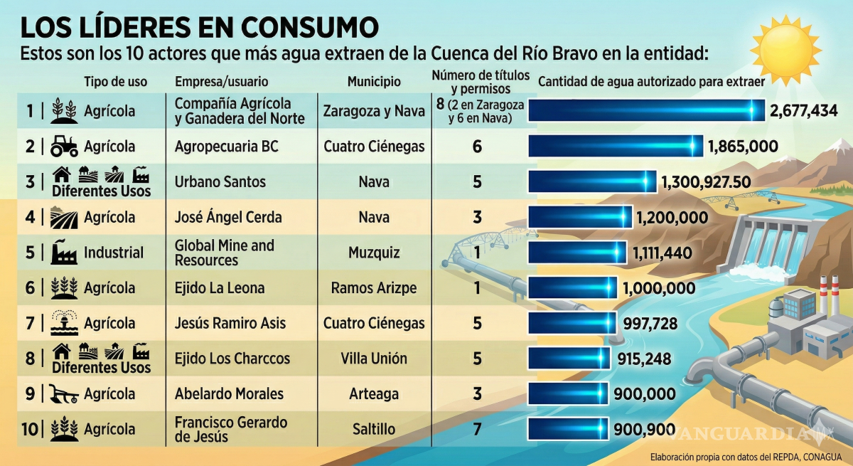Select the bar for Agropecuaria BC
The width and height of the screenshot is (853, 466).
(615, 147)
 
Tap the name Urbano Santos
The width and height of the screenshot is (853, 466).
(220, 182)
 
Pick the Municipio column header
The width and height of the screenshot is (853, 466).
(374, 82)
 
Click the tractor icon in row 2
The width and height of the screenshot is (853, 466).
(64, 147)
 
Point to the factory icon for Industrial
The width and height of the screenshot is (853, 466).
(64, 253)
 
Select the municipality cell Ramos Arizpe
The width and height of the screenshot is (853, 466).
(374, 288)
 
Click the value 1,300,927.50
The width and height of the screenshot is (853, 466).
(706, 182)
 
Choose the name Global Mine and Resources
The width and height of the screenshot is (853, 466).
(224, 253)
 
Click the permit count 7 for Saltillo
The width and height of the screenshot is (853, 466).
(477, 429)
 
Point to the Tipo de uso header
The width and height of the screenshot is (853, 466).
(116, 82)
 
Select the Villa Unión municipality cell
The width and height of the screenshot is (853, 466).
(374, 359)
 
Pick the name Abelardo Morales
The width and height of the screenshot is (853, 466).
(229, 393)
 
